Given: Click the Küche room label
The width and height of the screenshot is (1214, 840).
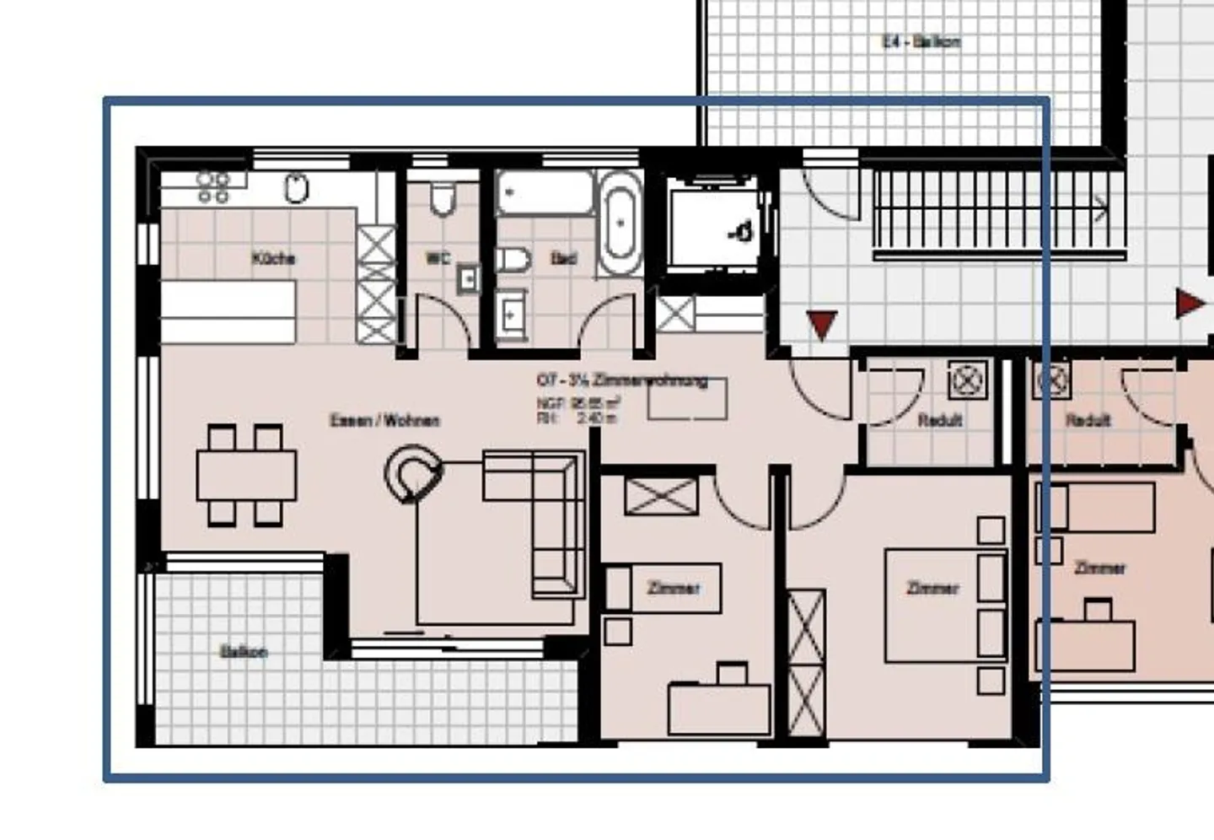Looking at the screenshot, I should point(273,258).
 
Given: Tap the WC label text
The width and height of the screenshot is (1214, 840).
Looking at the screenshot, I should point(438,258).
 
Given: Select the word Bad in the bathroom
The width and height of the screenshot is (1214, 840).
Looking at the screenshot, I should point(563,258).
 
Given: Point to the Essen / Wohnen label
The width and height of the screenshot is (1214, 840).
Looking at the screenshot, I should point(384,420).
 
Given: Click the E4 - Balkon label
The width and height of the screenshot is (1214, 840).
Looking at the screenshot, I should point(921,41).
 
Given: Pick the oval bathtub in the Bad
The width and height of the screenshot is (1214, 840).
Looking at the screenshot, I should point(620,223).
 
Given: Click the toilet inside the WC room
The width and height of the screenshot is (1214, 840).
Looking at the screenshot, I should point(443,199).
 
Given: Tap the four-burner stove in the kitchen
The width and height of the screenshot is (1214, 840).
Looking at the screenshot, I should point(212,188).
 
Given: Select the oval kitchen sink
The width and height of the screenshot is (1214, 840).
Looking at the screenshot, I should point(296,188).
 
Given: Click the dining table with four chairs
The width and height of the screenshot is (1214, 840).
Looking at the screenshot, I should point(246,476).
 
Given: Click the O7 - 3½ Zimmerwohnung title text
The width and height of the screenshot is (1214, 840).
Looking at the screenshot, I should point(622,380).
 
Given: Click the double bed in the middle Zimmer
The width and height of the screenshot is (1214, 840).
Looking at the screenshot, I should point(944,606).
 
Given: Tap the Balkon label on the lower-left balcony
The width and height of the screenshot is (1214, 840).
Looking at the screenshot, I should point(244,652).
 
